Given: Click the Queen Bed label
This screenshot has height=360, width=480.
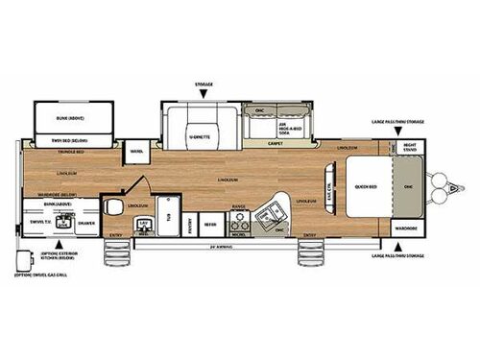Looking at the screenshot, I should (364, 186).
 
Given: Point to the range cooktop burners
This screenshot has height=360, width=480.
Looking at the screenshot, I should (238, 214).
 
